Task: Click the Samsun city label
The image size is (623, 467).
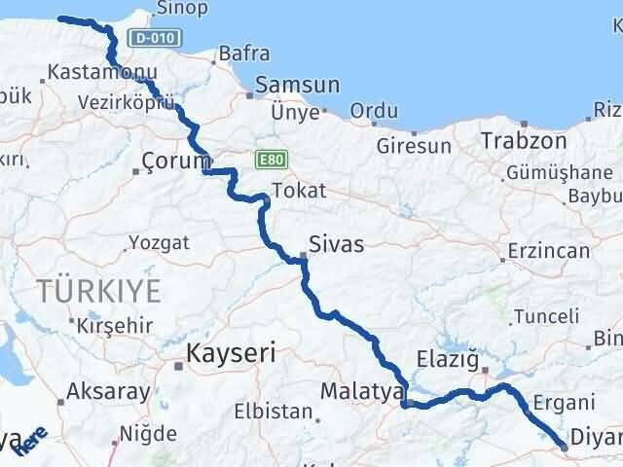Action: pos(297,86)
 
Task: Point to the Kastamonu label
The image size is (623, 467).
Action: pos(88,72)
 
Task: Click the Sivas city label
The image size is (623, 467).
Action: pos(336,243)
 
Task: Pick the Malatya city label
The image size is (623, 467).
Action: pos(361,392)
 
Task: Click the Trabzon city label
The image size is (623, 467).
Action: pos(523,140)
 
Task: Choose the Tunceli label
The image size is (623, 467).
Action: pos(546,315)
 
